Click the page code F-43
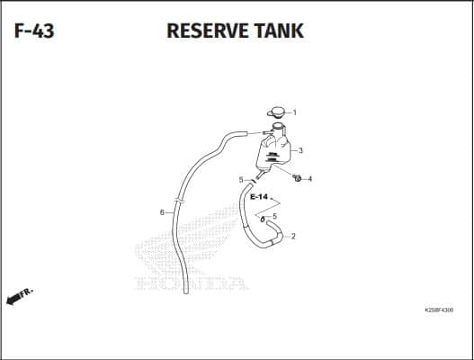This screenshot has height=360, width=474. pos(34,31)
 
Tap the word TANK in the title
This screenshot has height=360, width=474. pos(279,31)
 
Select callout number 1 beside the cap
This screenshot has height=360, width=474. pos(295,112)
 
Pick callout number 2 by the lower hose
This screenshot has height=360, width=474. pos(293,237)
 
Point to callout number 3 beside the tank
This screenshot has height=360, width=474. pos(300,150)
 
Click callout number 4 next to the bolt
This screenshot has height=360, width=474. pos(309,179)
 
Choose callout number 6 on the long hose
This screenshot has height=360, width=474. pos(162,212)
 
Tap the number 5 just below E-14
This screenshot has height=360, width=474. pos(274,216)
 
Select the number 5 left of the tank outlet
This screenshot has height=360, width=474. pos(241,180)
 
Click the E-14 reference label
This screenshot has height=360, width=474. pos(259,197)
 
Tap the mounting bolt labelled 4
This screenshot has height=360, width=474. pos(297,178)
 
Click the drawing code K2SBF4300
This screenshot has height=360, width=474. pos(439,310)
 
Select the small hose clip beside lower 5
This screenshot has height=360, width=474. pos(263,219)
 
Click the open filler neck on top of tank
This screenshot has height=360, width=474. pos(278,125)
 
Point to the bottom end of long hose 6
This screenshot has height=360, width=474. pos(186,292)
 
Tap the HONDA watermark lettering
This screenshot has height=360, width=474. pos(192,283)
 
